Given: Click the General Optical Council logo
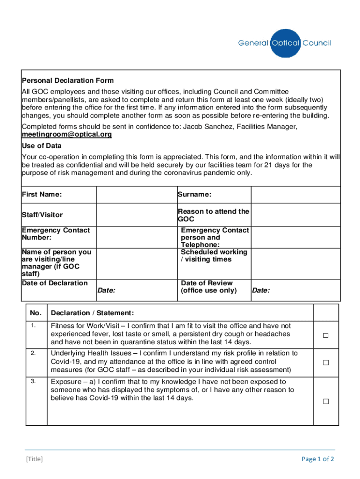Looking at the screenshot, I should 285,43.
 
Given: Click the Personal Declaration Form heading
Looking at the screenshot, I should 68,80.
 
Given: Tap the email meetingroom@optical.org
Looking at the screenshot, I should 67,135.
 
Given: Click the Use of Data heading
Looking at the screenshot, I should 42,145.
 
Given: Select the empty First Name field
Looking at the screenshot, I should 136,195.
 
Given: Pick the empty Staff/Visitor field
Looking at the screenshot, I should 136,215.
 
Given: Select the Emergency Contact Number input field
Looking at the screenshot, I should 136,237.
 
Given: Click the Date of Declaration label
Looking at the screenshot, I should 55,283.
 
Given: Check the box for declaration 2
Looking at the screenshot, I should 325,363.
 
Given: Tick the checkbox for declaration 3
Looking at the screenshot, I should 325,401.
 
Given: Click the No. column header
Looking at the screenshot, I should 36,313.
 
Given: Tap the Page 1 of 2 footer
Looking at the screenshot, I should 318,459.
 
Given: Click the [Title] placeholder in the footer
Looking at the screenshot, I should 34,459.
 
